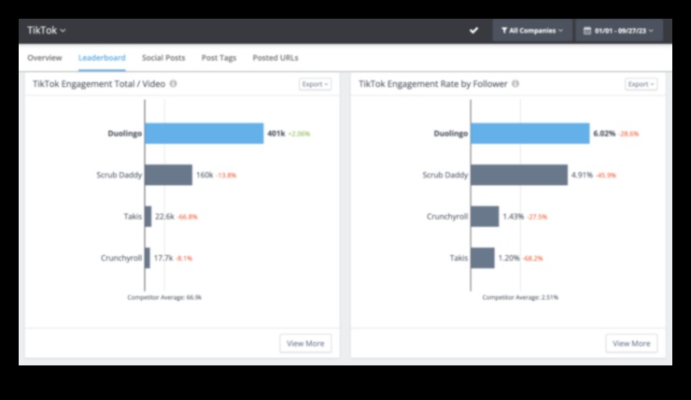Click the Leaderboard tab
102,58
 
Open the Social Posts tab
163,58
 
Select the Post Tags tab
219,58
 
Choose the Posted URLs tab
275,58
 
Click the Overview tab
45,58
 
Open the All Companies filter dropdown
531,31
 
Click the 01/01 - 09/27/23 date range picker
618,31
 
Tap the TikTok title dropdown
47,31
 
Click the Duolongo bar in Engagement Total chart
204,134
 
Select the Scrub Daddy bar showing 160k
169,175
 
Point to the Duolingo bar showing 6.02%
530,134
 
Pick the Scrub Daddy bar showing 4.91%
519,175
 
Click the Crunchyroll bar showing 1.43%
485,216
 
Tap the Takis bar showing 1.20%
483,257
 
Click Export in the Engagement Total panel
316,84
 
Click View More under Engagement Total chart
305,343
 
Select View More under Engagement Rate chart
631,343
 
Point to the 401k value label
275,134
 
